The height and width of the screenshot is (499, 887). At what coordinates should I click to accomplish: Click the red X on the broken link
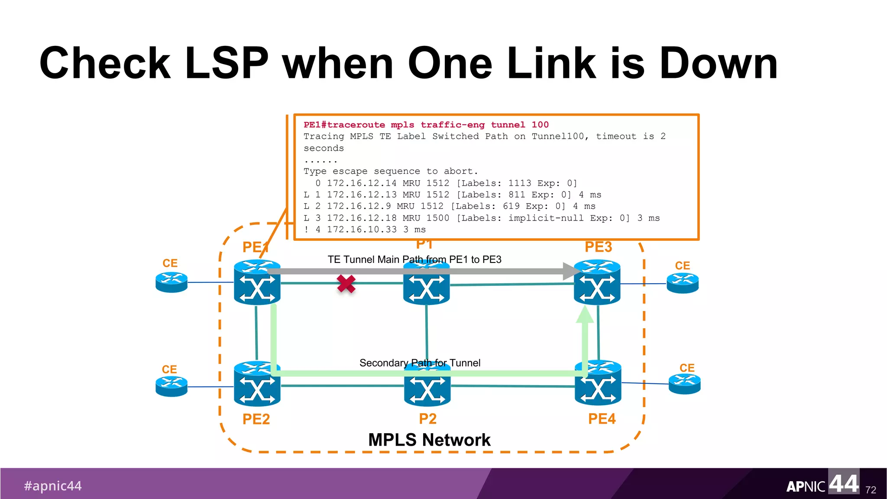[x=346, y=284]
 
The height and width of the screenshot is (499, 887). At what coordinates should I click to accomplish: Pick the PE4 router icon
[x=598, y=384]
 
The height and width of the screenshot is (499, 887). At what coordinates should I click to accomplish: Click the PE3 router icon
[x=597, y=282]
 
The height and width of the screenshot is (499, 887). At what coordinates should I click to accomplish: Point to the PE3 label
[x=598, y=247]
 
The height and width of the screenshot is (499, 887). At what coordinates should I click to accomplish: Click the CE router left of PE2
[x=172, y=386]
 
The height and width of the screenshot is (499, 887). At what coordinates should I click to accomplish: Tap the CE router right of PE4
[x=684, y=384]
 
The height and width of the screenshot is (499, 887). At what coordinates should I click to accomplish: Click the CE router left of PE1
[x=172, y=282]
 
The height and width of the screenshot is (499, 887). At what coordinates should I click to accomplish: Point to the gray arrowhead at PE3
[x=571, y=271]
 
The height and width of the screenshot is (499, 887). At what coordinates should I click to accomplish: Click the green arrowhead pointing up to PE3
[x=585, y=314]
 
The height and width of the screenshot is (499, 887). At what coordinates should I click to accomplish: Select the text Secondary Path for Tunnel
[x=420, y=363]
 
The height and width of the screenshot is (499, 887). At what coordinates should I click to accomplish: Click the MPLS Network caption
[x=429, y=440]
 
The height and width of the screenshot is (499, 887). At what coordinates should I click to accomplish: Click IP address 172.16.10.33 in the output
[x=362, y=230]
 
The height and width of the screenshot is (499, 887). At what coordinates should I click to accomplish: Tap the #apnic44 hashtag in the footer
[x=53, y=486]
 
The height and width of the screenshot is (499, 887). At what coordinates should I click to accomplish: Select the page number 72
[x=871, y=490]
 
